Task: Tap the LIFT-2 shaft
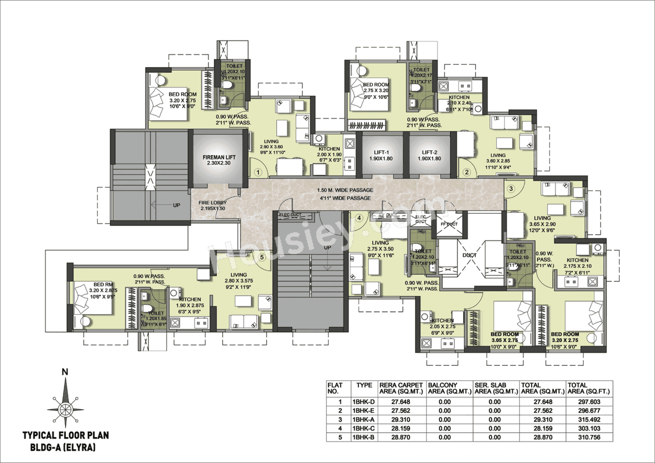click(428, 156)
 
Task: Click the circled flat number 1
click(258, 173)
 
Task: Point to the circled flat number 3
click(511, 188)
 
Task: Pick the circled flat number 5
click(262, 257)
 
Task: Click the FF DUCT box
click(449, 224)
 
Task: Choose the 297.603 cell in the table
click(583, 402)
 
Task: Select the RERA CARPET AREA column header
click(401, 388)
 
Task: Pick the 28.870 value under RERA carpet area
click(400, 438)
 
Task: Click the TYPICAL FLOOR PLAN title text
click(65, 436)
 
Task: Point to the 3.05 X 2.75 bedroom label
click(490, 340)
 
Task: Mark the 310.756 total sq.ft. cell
click(583, 438)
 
